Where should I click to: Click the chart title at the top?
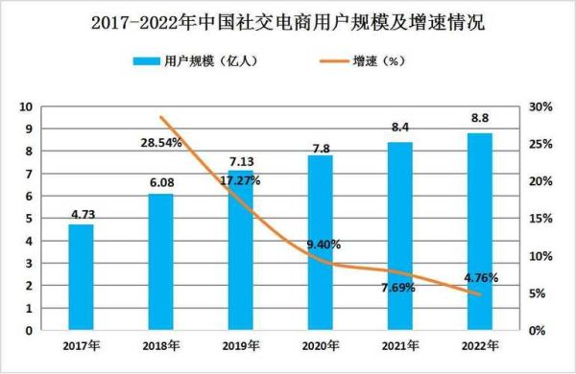pyautogui.click(x=287, y=22)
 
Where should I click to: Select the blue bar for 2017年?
pyautogui.click(x=81, y=277)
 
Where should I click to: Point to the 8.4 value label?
pyautogui.click(x=399, y=127)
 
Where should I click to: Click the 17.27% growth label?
pyautogui.click(x=240, y=179)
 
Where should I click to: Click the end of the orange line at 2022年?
pyautogui.click(x=480, y=294)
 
